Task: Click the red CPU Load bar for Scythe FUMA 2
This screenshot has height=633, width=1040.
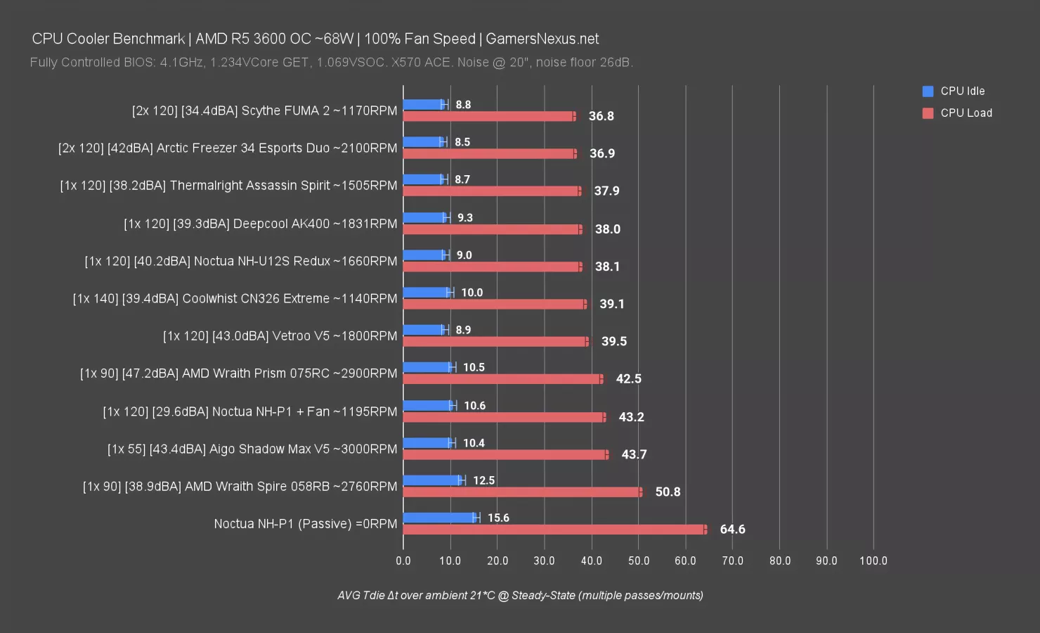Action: point(488,116)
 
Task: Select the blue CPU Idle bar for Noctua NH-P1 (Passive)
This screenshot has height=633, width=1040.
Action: point(439,518)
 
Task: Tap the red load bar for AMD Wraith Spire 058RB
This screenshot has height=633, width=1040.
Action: point(521,492)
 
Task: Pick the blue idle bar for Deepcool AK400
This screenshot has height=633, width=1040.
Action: point(424,217)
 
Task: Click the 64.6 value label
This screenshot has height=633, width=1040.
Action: point(732,529)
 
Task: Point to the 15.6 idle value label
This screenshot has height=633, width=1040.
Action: point(498,518)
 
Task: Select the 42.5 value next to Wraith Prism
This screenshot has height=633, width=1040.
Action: point(628,378)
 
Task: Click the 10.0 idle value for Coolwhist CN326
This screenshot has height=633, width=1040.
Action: point(472,293)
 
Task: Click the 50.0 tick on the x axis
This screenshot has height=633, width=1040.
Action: point(638,561)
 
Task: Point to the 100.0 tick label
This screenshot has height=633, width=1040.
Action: point(873,561)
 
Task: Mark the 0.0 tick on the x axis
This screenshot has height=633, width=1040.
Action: point(403,561)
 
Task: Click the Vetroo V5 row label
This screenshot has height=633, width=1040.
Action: point(280,336)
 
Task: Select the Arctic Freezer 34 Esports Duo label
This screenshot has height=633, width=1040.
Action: point(228,148)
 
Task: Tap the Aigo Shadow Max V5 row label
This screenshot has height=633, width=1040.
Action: point(252,449)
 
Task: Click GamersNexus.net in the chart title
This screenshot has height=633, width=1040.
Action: point(542,39)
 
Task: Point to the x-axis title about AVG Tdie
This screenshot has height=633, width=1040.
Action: point(520,595)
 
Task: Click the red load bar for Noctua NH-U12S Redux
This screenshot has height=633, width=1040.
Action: point(492,267)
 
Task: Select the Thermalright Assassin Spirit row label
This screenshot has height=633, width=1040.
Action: point(228,186)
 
